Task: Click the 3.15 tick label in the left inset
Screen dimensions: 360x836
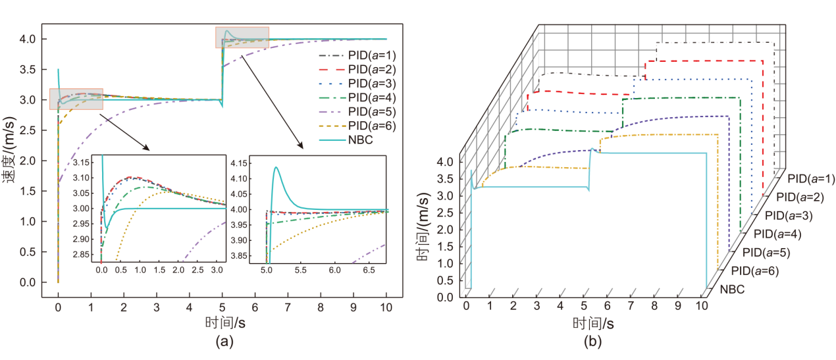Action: pos(84,163)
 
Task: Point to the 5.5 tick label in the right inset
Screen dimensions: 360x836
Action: pos(300,270)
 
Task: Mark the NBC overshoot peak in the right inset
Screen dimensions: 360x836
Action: pos(276,167)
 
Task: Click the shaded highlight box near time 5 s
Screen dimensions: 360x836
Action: pos(242,37)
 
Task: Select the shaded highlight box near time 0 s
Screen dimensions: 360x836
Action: pos(76,99)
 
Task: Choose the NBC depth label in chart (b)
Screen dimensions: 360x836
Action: pos(732,288)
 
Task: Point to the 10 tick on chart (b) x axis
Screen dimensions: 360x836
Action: pos(702,306)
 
